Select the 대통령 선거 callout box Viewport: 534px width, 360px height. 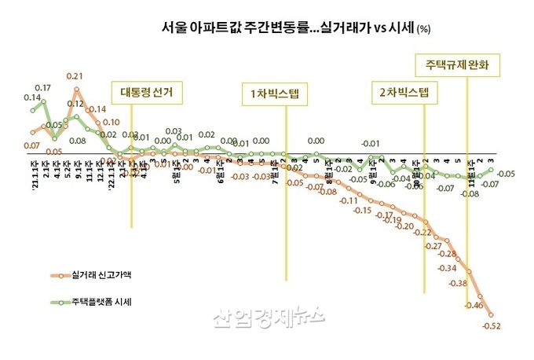point(146,93)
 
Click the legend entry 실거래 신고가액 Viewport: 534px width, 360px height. point(101,276)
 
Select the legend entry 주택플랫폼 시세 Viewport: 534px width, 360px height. point(101,301)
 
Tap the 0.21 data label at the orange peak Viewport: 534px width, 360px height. point(75,76)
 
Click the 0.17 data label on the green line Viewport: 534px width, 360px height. point(43,88)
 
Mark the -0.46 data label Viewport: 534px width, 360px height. point(474,305)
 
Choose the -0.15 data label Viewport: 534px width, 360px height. point(362,211)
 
